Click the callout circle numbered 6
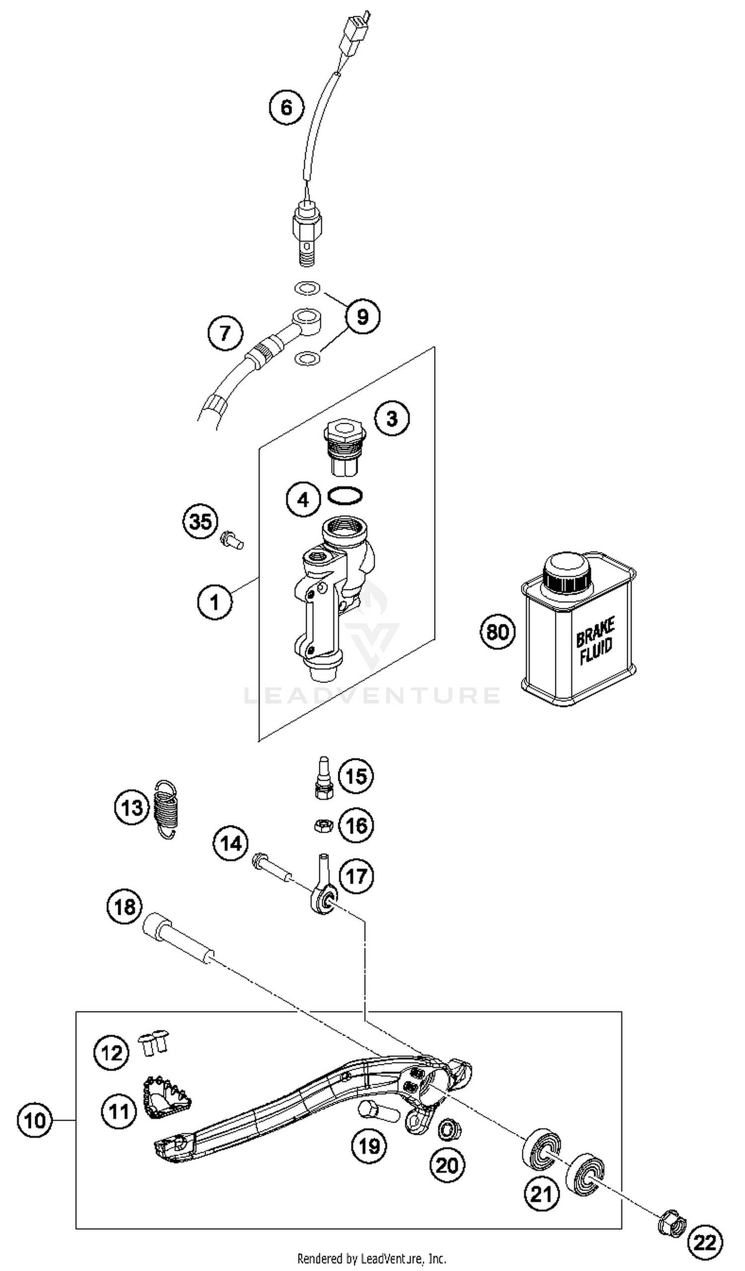click(286, 107)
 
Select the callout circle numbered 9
click(363, 317)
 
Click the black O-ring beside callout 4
click(345, 495)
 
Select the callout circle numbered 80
click(497, 631)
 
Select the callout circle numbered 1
click(215, 601)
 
